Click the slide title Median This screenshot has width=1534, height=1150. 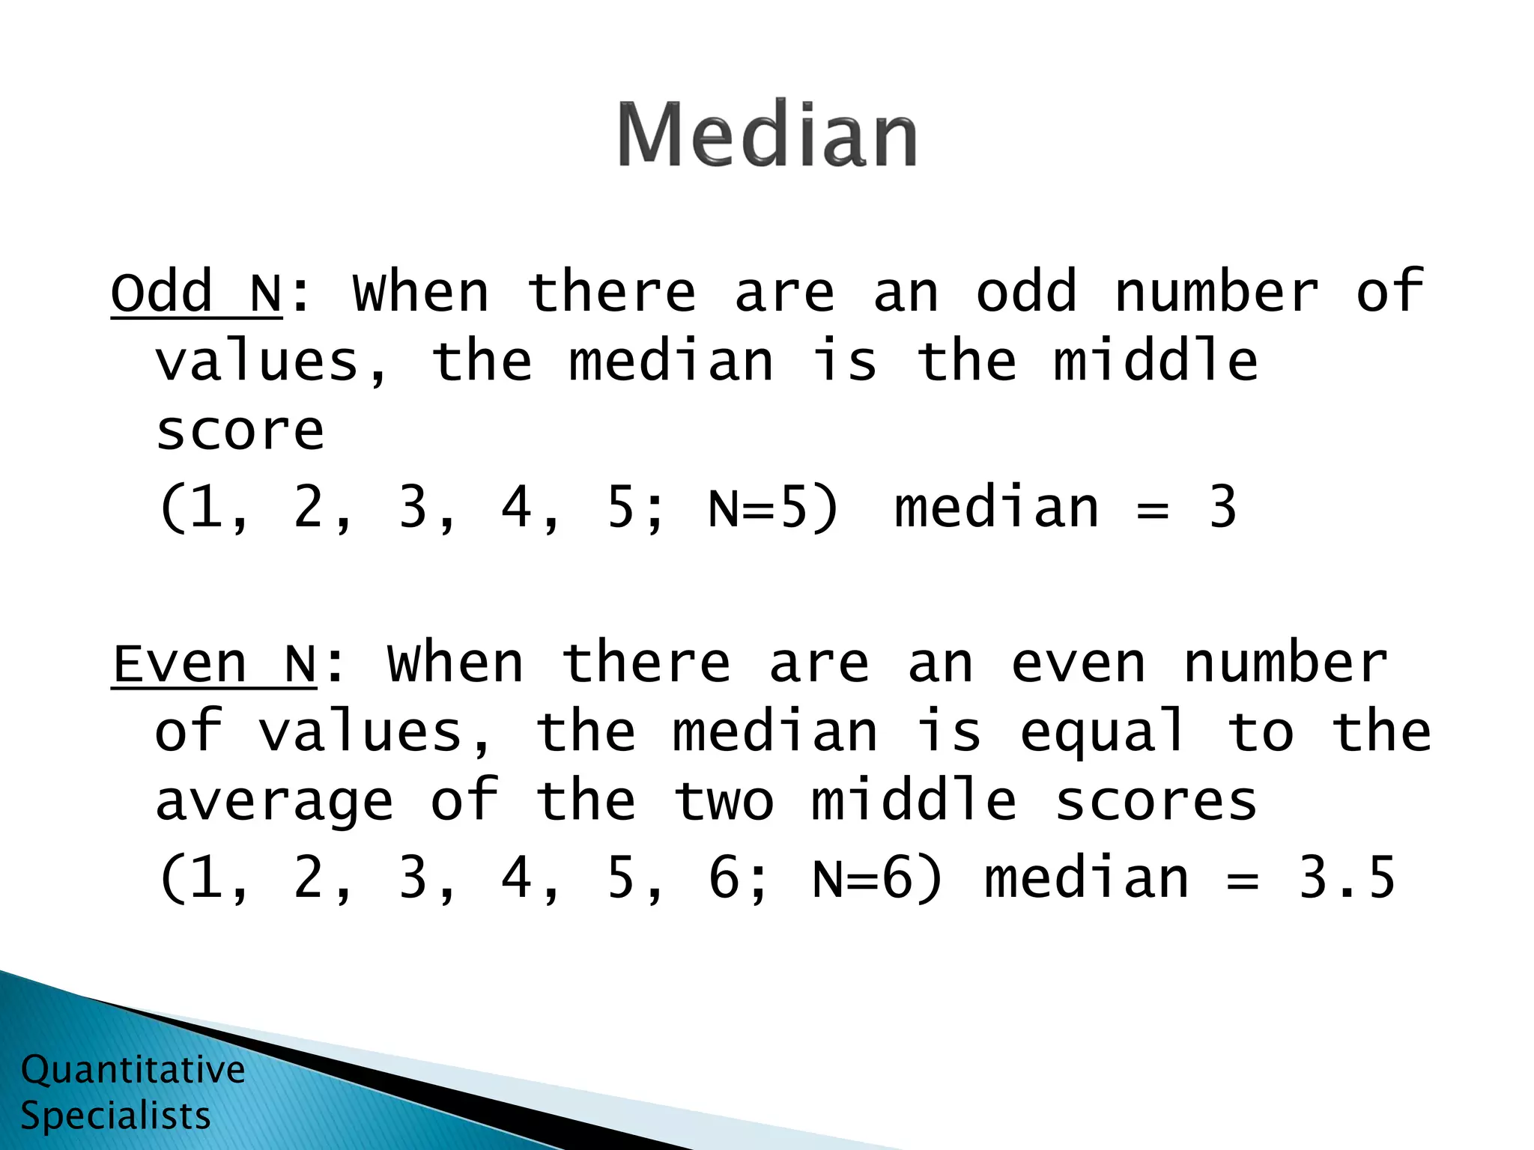[x=767, y=135]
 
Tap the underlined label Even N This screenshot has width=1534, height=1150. [x=214, y=663]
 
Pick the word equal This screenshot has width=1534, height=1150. [x=1103, y=732]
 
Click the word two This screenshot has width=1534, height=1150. [x=724, y=801]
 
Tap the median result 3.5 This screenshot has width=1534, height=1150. [x=1347, y=877]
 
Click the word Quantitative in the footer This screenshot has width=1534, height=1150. [x=133, y=1069]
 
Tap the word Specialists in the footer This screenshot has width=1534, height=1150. [x=116, y=1116]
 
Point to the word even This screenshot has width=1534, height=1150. [x=1079, y=663]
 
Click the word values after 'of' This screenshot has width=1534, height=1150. [x=360, y=732]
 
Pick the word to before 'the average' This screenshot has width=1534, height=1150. [x=1261, y=732]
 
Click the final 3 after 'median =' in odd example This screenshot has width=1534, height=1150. [x=1222, y=508]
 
